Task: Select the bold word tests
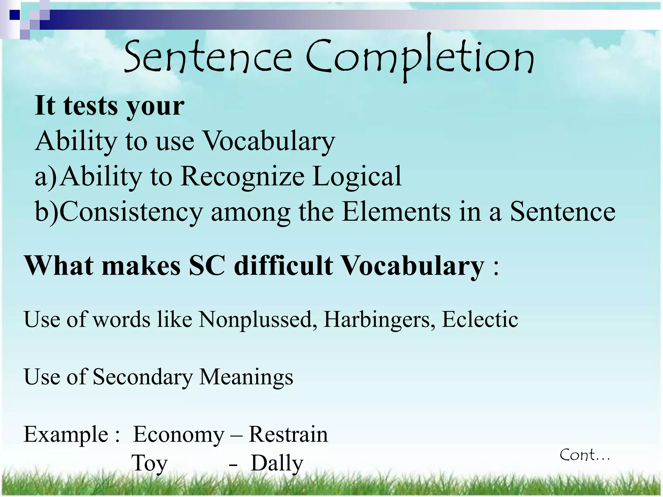91,106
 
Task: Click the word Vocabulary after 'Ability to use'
269,141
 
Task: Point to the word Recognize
242,176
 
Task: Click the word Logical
357,176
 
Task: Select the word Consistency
131,212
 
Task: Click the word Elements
396,212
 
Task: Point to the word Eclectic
480,320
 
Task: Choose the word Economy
179,435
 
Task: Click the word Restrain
288,435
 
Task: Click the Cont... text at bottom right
585,456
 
